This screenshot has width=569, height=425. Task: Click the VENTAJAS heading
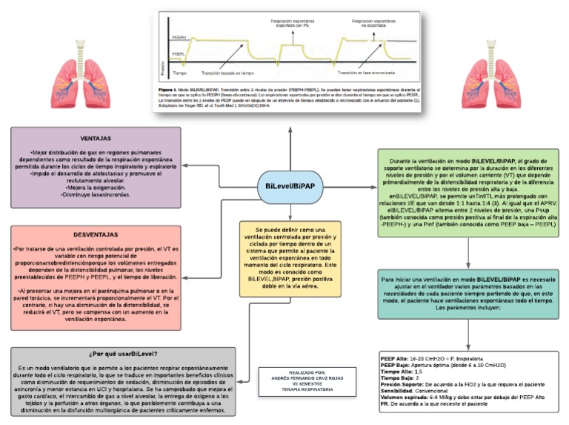coord(96,139)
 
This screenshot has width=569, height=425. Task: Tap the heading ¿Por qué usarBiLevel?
coord(123,355)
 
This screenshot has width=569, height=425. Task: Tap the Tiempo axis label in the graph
coord(179,73)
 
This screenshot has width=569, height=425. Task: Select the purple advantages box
coord(96,167)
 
